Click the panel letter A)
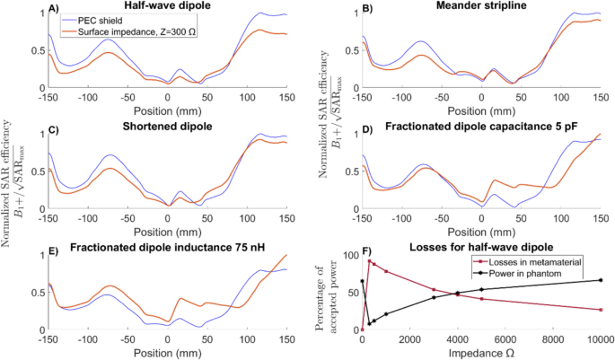tap(55, 7)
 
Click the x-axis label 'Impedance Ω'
tap(481, 353)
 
